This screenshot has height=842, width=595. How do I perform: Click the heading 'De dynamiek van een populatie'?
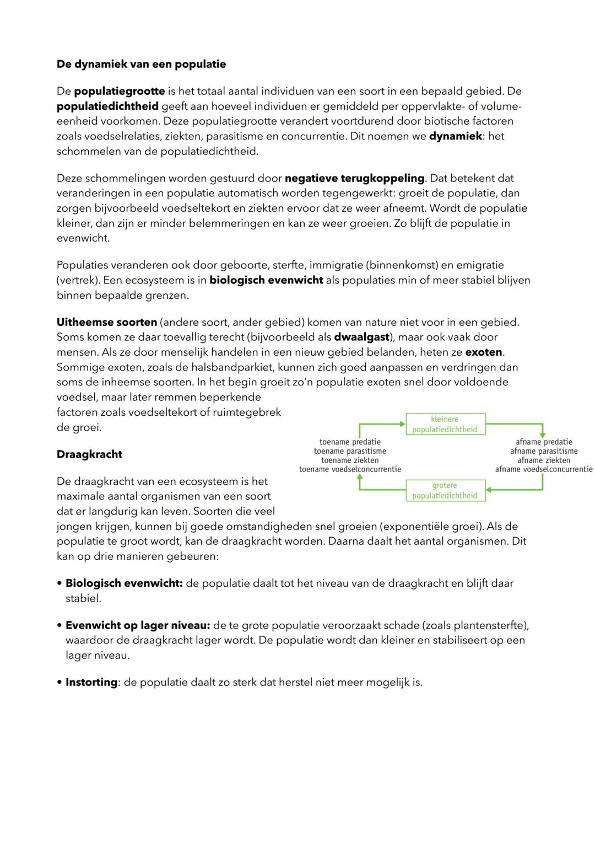[x=141, y=64]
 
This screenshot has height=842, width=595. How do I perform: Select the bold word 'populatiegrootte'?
[x=119, y=91]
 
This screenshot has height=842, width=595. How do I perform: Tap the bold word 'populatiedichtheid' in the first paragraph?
[x=107, y=106]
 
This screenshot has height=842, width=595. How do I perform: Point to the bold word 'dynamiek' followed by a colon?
[x=455, y=136]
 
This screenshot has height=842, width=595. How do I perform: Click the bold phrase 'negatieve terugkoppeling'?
[x=354, y=178]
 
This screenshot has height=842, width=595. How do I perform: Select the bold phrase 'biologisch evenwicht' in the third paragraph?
[x=266, y=280]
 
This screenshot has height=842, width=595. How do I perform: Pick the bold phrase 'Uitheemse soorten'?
[x=107, y=322]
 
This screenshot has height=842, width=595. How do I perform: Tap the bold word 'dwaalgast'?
[x=361, y=337]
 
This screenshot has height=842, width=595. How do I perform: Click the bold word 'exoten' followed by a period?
[x=484, y=352]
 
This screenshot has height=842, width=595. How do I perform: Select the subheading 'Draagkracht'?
[x=89, y=454]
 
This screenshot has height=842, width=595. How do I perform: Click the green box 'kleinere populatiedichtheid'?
[x=445, y=424]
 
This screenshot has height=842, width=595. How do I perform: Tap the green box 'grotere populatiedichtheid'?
[x=445, y=490]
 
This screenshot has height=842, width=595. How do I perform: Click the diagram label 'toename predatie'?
[x=350, y=442]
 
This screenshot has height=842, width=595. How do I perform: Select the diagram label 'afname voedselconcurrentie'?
[x=543, y=469]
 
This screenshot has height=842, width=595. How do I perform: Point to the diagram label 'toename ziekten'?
[x=350, y=460]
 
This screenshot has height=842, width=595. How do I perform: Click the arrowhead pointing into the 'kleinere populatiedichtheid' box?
[x=402, y=424]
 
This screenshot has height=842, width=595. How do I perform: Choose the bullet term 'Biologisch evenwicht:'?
[x=124, y=583]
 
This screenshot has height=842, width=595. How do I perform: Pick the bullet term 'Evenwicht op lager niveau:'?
[x=138, y=625]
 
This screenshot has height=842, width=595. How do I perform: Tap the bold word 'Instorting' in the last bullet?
[x=91, y=682]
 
